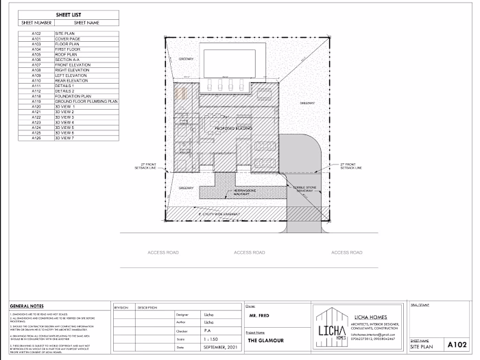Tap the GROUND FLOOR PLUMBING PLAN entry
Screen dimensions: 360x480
(86, 101)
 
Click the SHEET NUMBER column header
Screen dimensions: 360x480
(36, 22)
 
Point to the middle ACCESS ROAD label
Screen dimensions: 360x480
(249, 252)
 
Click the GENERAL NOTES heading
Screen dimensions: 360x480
(27, 307)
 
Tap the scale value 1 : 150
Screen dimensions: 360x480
(213, 339)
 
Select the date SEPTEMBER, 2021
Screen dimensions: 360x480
(221, 348)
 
